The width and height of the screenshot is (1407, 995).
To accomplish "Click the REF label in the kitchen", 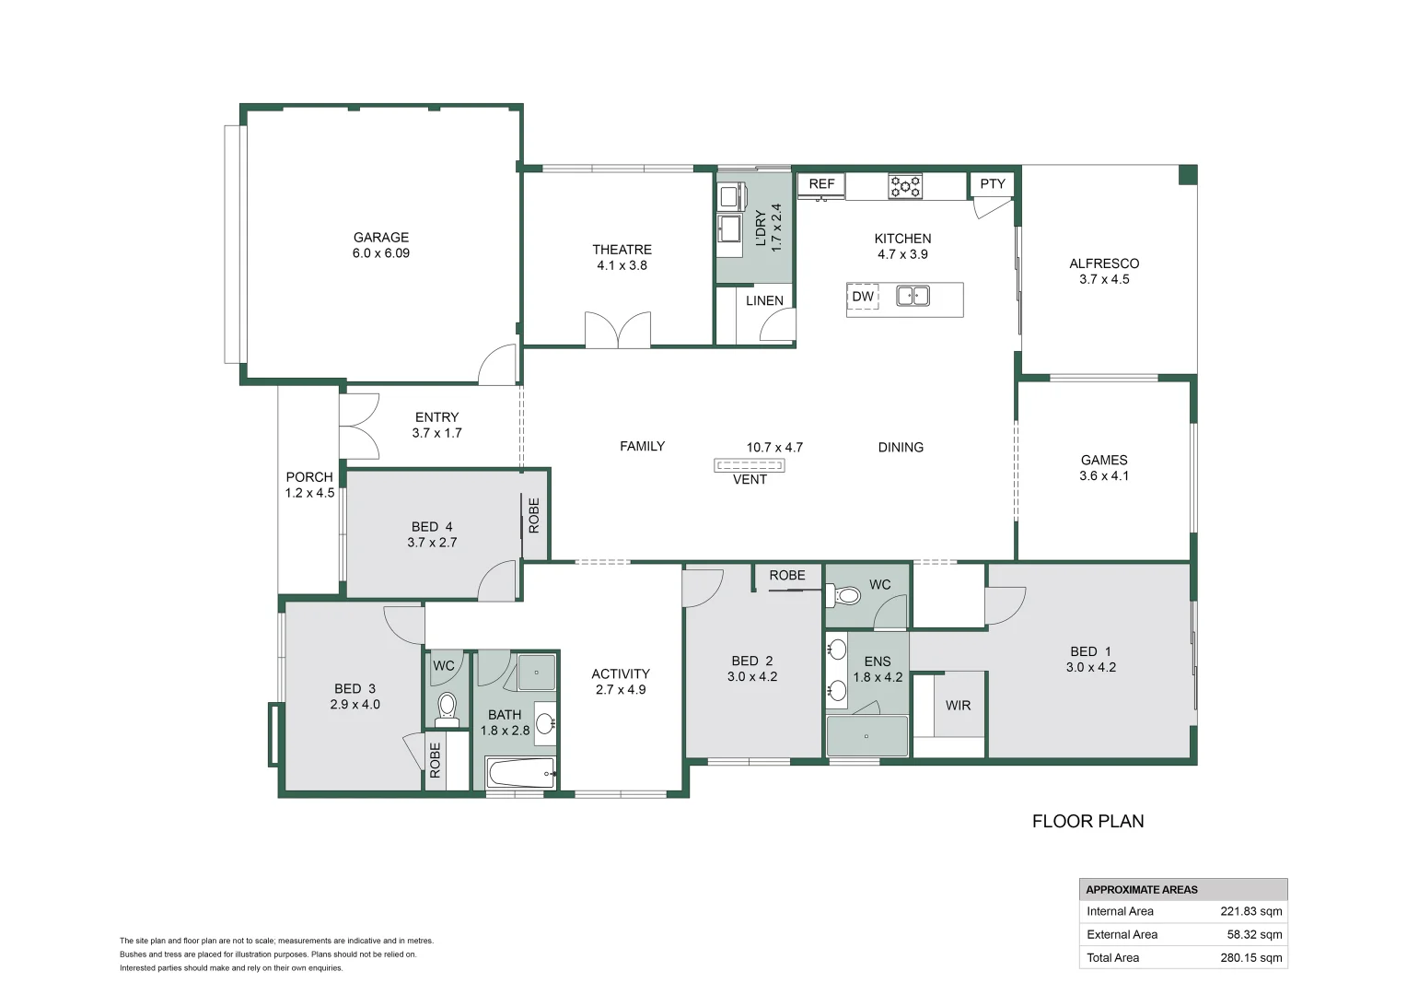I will [821, 184].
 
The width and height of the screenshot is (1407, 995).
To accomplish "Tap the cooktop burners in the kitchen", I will [904, 186].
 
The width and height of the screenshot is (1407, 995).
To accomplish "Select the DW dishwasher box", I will [863, 297].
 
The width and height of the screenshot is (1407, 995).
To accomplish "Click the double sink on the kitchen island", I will [913, 296].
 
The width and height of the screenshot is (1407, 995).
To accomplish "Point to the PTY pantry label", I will [993, 184].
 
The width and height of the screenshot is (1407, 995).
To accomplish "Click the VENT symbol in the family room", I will [749, 466].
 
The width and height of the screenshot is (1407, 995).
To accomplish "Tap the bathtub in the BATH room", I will [520, 772].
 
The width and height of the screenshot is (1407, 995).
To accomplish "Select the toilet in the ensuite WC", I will [847, 596].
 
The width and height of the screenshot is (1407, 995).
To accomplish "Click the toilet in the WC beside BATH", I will [447, 706].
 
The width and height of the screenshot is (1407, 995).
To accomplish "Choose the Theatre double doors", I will [618, 330].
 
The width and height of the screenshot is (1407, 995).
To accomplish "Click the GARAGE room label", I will [380, 237].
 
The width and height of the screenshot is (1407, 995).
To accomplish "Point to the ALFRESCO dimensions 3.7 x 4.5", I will [1104, 279].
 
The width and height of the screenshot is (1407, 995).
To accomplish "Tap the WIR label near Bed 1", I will [958, 706].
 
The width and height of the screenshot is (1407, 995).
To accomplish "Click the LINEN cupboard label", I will [764, 300].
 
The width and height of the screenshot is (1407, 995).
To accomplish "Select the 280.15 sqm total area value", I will [1250, 957].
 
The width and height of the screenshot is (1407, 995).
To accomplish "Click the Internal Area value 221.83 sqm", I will [1250, 911].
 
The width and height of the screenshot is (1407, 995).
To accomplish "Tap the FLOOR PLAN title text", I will [1087, 821].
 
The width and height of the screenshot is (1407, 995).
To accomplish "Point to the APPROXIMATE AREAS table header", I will [1142, 889].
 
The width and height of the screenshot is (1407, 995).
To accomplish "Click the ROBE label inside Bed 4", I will [534, 516].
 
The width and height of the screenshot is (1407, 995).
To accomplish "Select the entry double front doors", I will [359, 426].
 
